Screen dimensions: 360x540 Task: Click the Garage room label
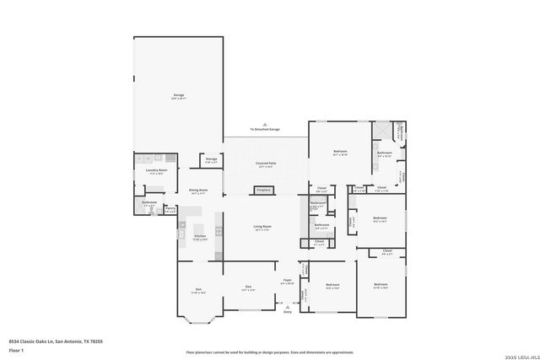(179, 95)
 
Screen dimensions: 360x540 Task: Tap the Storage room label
(211, 159)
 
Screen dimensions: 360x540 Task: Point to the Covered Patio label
(267, 163)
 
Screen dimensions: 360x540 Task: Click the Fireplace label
(265, 191)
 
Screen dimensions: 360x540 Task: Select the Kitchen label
(200, 236)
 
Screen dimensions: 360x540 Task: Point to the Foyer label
(287, 279)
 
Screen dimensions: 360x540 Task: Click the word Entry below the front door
(287, 312)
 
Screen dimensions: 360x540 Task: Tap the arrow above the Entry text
(287, 306)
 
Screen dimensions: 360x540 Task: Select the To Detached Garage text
(264, 129)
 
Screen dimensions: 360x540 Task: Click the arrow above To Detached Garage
(264, 123)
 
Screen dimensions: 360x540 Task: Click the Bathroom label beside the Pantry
(149, 202)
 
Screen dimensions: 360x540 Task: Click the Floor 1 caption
(16, 349)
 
